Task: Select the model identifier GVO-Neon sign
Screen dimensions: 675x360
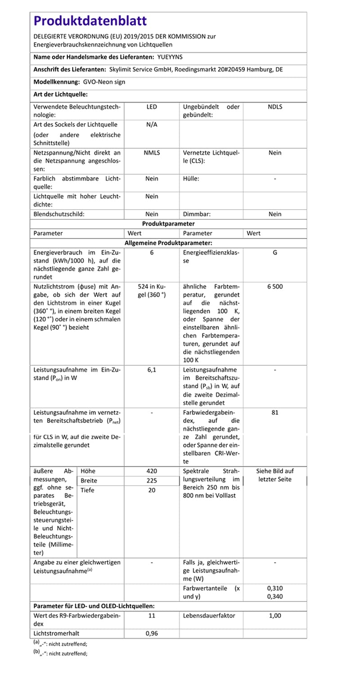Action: (x=104, y=82)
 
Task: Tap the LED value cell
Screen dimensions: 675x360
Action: (x=152, y=107)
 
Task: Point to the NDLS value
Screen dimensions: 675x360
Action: (x=274, y=107)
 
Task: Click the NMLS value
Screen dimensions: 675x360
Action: (x=152, y=153)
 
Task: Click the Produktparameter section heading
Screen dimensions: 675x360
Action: (x=168, y=224)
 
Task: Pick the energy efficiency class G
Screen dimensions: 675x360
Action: (x=274, y=253)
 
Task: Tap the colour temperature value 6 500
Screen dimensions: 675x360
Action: (x=274, y=286)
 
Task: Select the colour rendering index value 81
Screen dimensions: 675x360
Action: (x=274, y=412)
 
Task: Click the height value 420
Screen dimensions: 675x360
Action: (x=152, y=471)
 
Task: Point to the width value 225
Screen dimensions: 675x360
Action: (x=152, y=481)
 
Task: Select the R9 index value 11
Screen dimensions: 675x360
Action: (x=152, y=616)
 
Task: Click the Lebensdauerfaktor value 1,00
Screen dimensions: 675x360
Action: (x=274, y=616)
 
